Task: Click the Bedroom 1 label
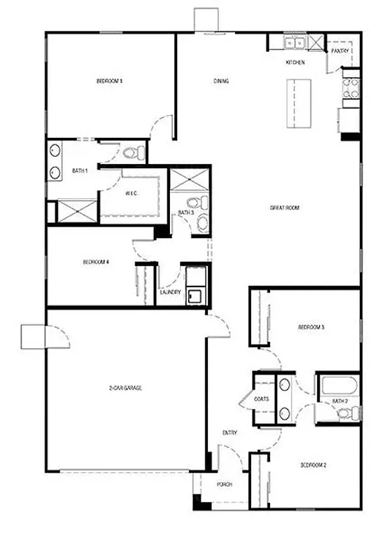coord(109,81)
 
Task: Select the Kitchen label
coord(295,63)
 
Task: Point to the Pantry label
coord(340,50)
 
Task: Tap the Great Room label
coord(285,207)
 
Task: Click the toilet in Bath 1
coord(131,152)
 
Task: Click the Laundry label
coord(171,292)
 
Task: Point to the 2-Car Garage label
coord(125,387)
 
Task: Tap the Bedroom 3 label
coord(310,327)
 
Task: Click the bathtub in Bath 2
coord(339,386)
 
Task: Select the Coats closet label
coord(262,399)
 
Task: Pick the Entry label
coord(229,433)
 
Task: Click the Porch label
coord(224,485)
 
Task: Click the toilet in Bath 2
coord(345,413)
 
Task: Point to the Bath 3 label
coord(185,212)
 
